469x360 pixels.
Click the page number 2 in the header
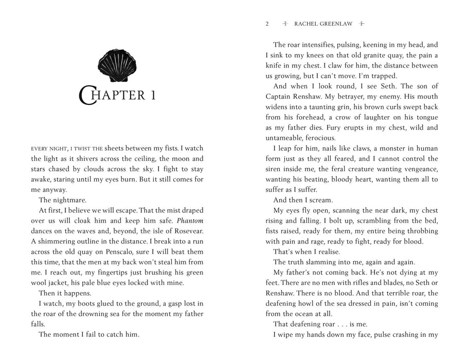[267, 24]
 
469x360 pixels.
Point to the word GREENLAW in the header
[336, 24]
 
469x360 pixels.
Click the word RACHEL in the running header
[306, 24]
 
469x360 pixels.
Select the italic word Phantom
[190, 221]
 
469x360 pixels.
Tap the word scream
[321, 200]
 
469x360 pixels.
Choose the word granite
[378, 55]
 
